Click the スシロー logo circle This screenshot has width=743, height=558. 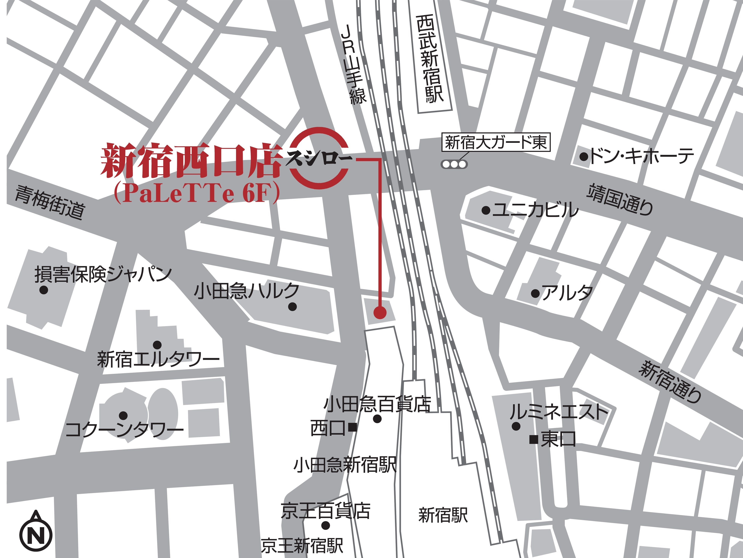318,159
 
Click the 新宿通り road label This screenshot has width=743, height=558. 670,381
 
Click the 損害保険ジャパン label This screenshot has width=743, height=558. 103,275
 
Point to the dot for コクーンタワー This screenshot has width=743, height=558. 123,415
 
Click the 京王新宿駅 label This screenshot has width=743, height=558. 302,546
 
